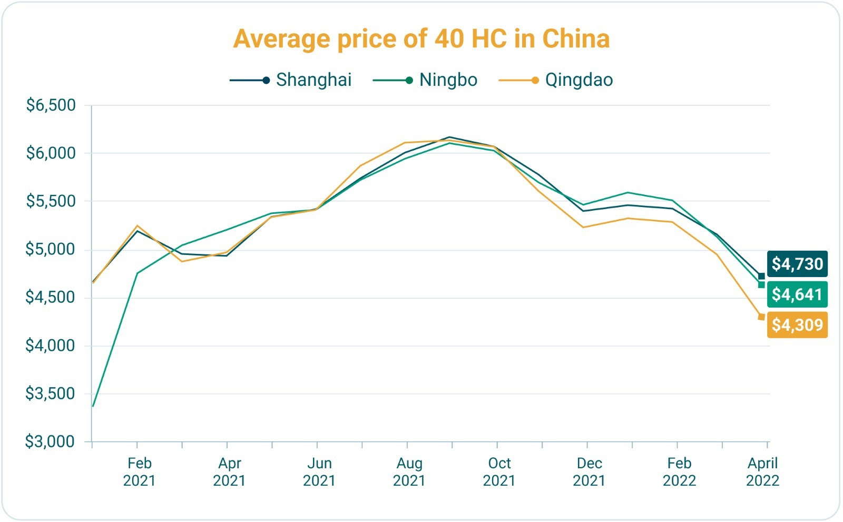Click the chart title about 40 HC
click(x=421, y=38)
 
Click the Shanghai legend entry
click(x=313, y=80)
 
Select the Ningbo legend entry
click(x=448, y=80)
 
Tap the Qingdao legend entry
click(x=579, y=80)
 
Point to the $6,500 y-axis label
click(x=51, y=105)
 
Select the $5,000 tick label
click(x=51, y=249)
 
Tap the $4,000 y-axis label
click(x=51, y=346)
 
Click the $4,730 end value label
click(x=797, y=264)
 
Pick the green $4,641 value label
click(x=797, y=294)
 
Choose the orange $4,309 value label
click(x=797, y=325)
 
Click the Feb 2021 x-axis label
click(x=139, y=472)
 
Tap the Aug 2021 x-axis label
click(x=409, y=472)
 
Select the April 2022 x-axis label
click(x=762, y=472)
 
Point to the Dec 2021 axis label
click(x=589, y=472)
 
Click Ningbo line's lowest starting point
click(x=93, y=406)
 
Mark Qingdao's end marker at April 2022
click(x=761, y=317)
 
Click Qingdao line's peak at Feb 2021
click(x=137, y=226)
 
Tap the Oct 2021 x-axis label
click(x=499, y=472)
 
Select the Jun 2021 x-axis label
click(x=319, y=472)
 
